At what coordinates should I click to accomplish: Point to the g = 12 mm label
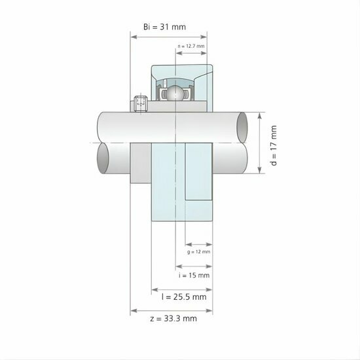pyautogui.click(x=198, y=251)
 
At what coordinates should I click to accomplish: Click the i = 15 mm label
pyautogui.click(x=194, y=276)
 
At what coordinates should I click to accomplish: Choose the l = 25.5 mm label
pyautogui.click(x=184, y=297)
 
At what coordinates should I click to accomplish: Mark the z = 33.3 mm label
pyautogui.click(x=173, y=319)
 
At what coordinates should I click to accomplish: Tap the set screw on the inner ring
pyautogui.click(x=139, y=103)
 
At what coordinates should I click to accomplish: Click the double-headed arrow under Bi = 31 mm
pyautogui.click(x=170, y=37)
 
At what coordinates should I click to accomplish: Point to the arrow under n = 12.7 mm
pyautogui.click(x=192, y=53)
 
